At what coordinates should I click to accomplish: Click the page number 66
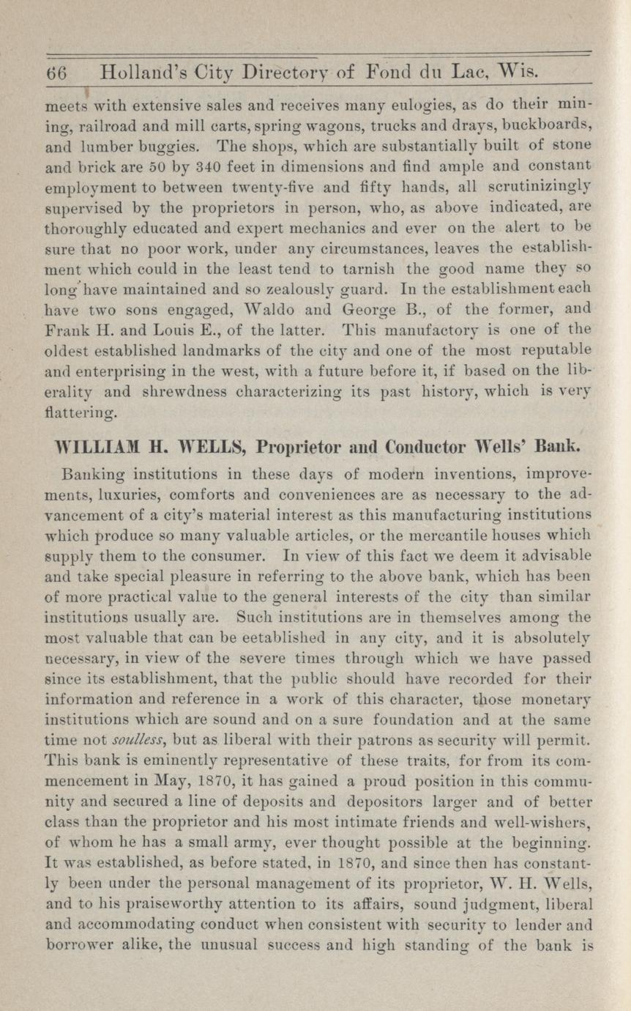coord(56,75)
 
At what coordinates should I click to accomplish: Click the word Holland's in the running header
coord(138,75)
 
